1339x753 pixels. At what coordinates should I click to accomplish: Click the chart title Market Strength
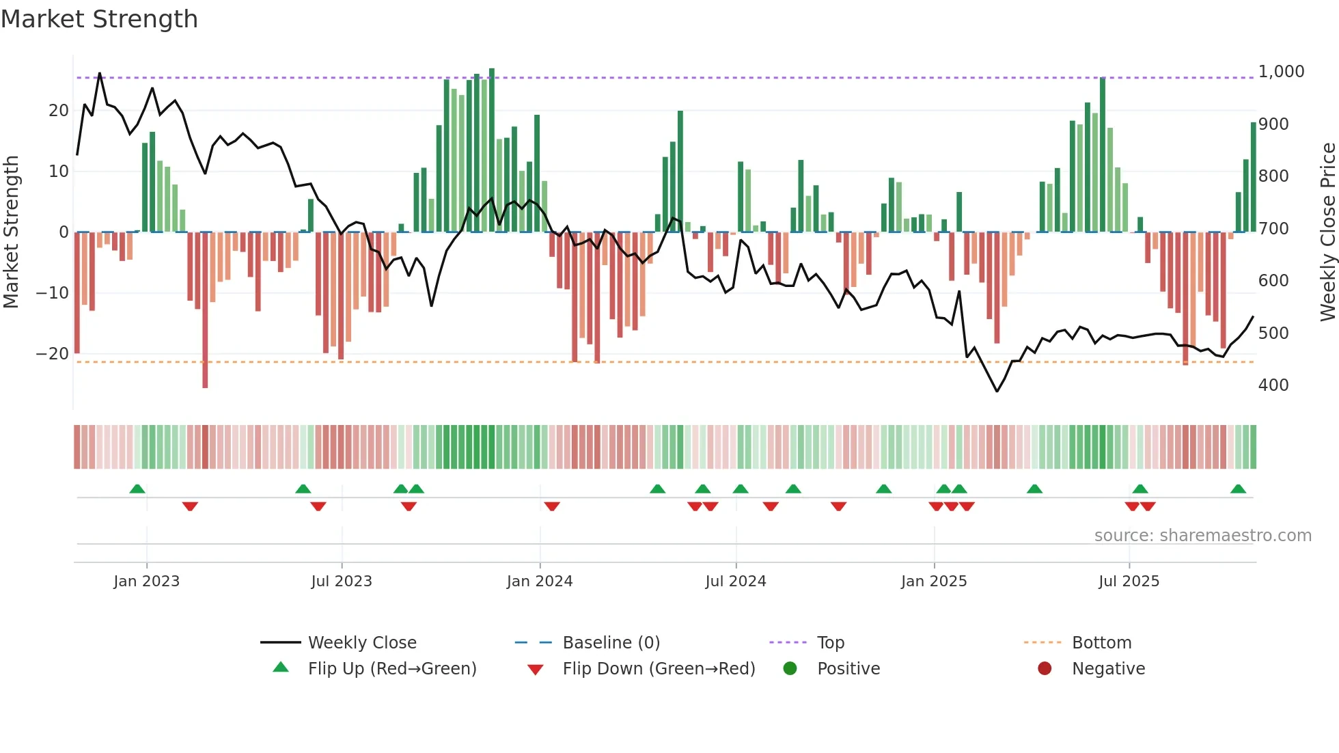pyautogui.click(x=99, y=19)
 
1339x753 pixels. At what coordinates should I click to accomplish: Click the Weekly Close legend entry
pyautogui.click(x=361, y=642)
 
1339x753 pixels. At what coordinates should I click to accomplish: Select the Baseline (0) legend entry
pyautogui.click(x=611, y=642)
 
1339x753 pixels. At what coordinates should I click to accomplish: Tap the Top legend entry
pyautogui.click(x=830, y=642)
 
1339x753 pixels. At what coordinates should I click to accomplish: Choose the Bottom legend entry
pyautogui.click(x=1101, y=642)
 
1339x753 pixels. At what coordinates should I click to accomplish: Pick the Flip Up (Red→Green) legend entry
pyautogui.click(x=391, y=668)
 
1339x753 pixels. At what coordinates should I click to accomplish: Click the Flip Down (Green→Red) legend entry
pyautogui.click(x=658, y=668)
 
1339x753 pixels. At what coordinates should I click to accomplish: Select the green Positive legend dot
pyautogui.click(x=790, y=668)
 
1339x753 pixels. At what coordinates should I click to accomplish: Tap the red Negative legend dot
pyautogui.click(x=1045, y=668)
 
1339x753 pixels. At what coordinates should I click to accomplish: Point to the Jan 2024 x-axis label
pyautogui.click(x=540, y=581)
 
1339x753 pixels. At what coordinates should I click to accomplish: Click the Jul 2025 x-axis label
pyautogui.click(x=1129, y=581)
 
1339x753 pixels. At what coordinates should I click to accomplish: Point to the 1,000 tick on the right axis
pyautogui.click(x=1281, y=72)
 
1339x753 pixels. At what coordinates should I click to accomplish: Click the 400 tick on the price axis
pyautogui.click(x=1273, y=385)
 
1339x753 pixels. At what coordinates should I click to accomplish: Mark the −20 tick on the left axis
pyautogui.click(x=53, y=354)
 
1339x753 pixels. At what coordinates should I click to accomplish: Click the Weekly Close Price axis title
pyautogui.click(x=1327, y=232)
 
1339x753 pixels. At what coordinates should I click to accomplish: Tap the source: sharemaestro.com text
pyautogui.click(x=1202, y=536)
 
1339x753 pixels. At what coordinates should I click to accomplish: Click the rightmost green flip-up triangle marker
pyautogui.click(x=1238, y=489)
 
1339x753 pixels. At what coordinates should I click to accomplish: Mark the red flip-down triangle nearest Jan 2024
pyautogui.click(x=552, y=506)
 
